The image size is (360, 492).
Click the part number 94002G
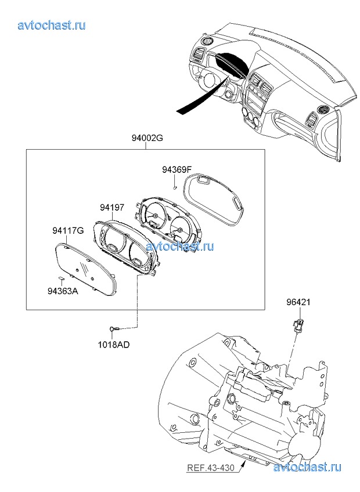[x=147, y=138]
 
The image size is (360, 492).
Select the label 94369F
[x=177, y=170]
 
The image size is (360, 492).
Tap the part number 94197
[x=111, y=207]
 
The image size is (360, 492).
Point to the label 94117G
[x=68, y=230]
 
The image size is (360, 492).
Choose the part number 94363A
[x=63, y=291]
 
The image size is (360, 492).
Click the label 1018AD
[x=114, y=344]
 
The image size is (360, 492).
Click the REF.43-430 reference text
[x=211, y=468]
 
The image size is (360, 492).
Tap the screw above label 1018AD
[x=114, y=328]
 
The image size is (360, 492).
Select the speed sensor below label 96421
[x=300, y=325]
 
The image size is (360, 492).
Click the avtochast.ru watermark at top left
[x=52, y=25]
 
